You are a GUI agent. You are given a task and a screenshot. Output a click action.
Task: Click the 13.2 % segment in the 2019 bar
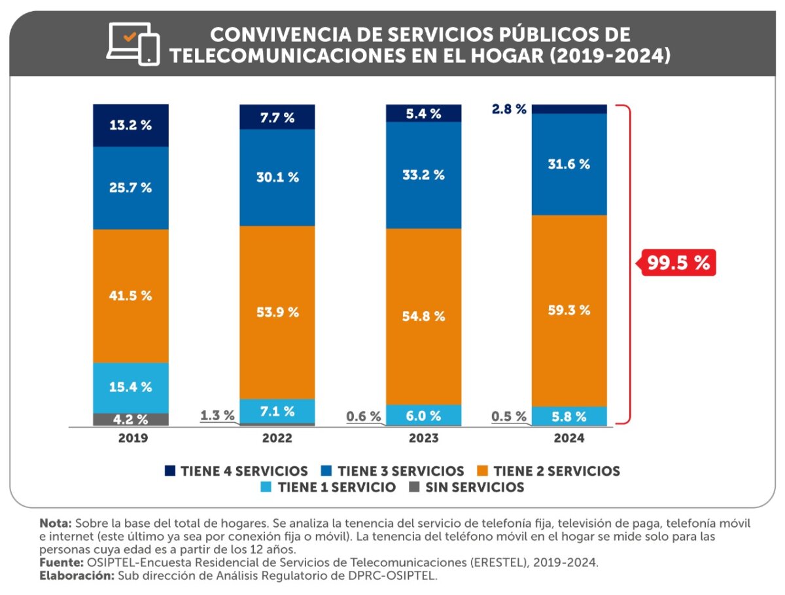(x=131, y=125)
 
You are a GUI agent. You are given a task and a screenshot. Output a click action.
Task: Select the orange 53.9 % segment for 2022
(x=277, y=312)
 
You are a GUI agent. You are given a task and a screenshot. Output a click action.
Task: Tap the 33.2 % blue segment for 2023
(x=423, y=175)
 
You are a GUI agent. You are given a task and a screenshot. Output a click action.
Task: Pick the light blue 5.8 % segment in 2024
(x=569, y=416)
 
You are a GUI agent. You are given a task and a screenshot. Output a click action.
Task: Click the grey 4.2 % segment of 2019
(x=131, y=419)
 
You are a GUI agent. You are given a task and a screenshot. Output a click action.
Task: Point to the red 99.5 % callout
(x=678, y=263)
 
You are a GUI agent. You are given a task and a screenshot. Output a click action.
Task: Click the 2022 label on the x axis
(x=277, y=439)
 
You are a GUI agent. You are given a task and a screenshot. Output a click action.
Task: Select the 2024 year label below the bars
(x=569, y=439)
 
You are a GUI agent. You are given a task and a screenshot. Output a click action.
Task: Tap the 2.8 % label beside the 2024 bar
(x=508, y=109)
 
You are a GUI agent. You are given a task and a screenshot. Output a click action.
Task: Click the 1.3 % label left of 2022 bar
(x=217, y=415)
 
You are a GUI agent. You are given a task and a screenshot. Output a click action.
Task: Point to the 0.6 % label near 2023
(x=364, y=416)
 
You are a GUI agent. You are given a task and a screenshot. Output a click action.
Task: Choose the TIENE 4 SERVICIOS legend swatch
(x=171, y=471)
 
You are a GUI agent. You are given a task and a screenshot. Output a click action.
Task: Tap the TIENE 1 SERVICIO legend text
(x=336, y=487)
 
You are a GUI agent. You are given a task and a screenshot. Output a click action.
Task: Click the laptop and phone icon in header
(x=133, y=44)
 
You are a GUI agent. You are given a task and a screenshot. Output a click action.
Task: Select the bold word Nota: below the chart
(x=56, y=524)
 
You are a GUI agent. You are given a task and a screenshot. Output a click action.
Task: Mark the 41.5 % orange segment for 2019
(x=131, y=295)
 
